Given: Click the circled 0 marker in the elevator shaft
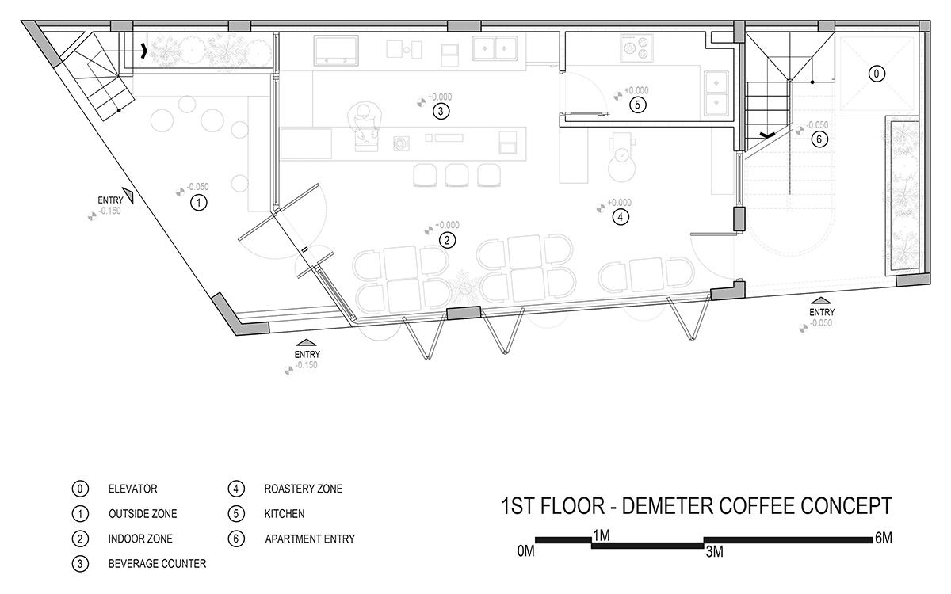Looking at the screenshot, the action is pos(877,74).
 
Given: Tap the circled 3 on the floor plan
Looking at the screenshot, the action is pos(441,111).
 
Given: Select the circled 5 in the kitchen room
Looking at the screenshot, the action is pos(637,105).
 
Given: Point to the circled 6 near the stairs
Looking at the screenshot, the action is pos(819,139).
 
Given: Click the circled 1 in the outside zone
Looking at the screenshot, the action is pos(198,203).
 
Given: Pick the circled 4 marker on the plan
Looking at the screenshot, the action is pos(621,217).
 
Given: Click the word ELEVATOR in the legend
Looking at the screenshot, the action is pos(133,489).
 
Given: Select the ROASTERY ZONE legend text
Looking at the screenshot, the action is pos(303,489).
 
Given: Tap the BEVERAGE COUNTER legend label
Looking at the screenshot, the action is pos(157,563).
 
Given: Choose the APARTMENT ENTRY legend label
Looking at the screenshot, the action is pos(310,539).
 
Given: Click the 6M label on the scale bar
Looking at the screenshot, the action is pos(883,539).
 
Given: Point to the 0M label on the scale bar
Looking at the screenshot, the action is pos(525,551).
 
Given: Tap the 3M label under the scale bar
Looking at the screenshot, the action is pos(715,552).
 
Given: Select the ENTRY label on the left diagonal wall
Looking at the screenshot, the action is pos(110,200).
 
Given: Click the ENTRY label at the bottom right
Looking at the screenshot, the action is pos(822,312).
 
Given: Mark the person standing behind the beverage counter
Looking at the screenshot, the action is pos(363,128).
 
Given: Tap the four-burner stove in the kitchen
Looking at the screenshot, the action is pos(637,48).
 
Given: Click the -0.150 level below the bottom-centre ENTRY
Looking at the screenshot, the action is pos(306,365).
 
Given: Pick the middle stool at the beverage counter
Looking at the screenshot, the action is pos(456,175).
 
